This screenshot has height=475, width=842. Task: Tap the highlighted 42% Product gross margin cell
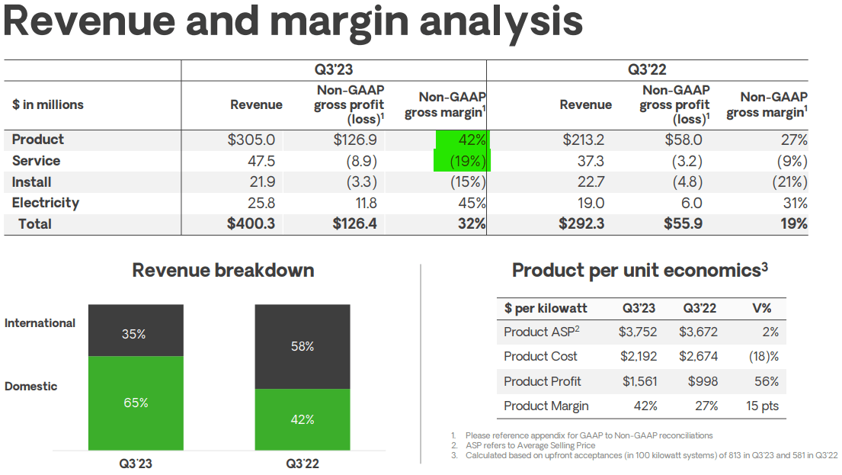point(463,140)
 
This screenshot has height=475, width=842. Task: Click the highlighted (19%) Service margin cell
point(462,161)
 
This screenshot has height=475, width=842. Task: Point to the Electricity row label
point(46,203)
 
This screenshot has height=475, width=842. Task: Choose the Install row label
point(32,182)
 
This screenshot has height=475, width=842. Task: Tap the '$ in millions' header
point(47,105)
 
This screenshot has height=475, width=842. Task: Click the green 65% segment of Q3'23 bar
point(136,403)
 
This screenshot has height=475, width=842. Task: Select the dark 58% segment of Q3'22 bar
point(302,346)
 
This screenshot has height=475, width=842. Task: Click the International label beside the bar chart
point(40,323)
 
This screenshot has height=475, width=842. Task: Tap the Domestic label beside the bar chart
point(30,387)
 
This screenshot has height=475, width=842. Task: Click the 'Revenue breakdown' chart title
point(223,271)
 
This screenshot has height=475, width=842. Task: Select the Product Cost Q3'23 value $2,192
point(638,357)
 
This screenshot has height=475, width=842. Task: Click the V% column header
point(761,309)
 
